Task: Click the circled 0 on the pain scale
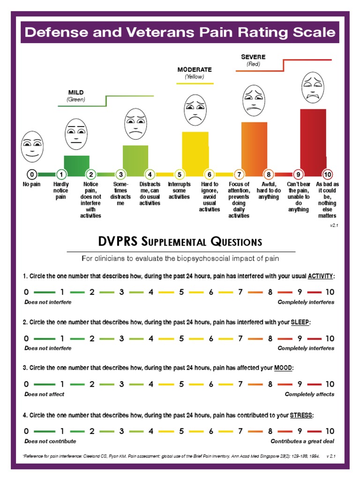[31, 174]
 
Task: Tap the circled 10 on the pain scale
[328, 174]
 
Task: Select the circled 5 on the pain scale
[180, 174]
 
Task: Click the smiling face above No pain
[31, 146]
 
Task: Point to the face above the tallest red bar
[313, 87]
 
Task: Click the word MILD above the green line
[76, 93]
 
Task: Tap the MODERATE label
[195, 69]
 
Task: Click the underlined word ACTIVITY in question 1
[321, 276]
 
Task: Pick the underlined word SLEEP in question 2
[300, 322]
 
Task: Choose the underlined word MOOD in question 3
[283, 368]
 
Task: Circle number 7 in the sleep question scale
[240, 338]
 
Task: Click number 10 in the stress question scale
[330, 431]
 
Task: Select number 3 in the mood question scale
[121, 384]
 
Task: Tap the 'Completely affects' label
[309, 394]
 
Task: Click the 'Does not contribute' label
[50, 441]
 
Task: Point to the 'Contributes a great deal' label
[302, 441]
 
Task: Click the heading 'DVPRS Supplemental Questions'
[180, 242]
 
